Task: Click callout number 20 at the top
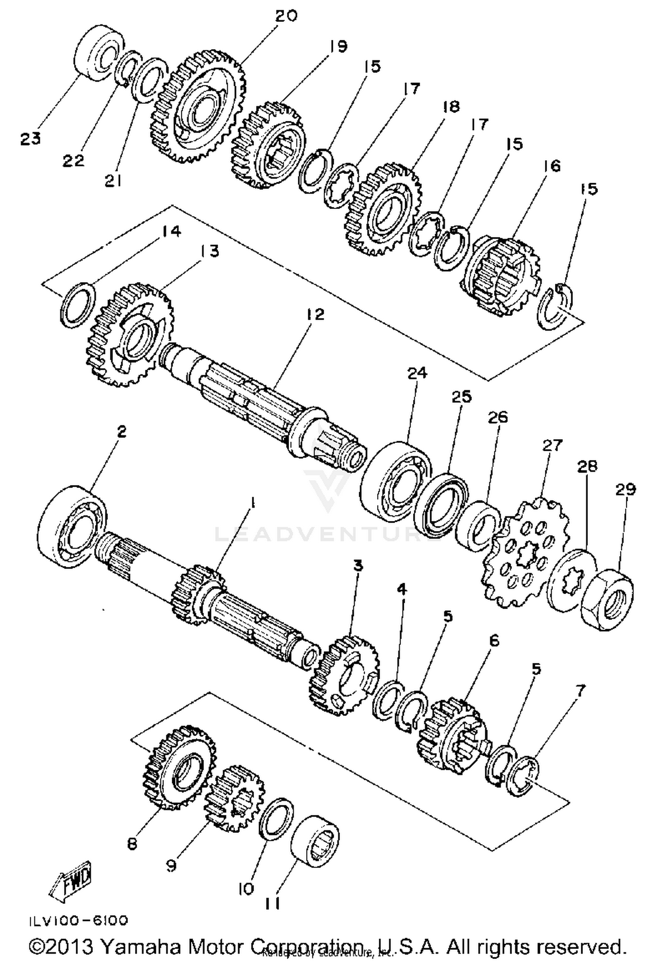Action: coord(286,16)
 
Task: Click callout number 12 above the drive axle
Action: coord(316,314)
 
